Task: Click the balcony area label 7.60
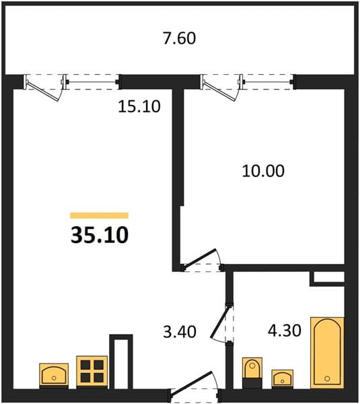[x=180, y=38]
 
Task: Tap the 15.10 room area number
[x=139, y=106]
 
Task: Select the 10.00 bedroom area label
[x=263, y=170]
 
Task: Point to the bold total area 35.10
[x=100, y=235]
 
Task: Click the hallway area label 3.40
[x=180, y=331]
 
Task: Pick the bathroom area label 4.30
[x=285, y=331]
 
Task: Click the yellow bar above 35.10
[x=99, y=215]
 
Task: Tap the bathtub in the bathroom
[x=327, y=353]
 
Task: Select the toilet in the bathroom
[x=252, y=372]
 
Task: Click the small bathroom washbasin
[x=283, y=378]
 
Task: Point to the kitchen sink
[x=54, y=376]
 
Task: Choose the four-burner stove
[x=92, y=371]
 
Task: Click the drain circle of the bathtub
[x=327, y=378]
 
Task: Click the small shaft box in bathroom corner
[x=327, y=278]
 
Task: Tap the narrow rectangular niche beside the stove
[x=121, y=362]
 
